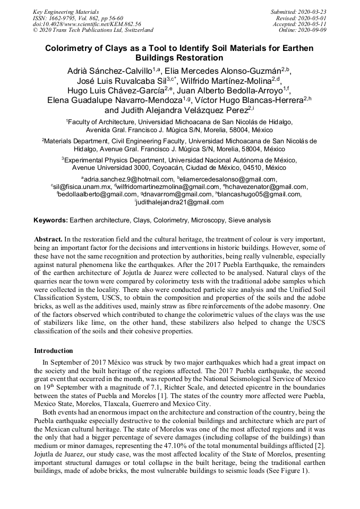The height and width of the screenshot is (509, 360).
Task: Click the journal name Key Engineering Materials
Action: pos(58,12)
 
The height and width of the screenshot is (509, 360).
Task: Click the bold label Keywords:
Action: pos(50,220)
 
